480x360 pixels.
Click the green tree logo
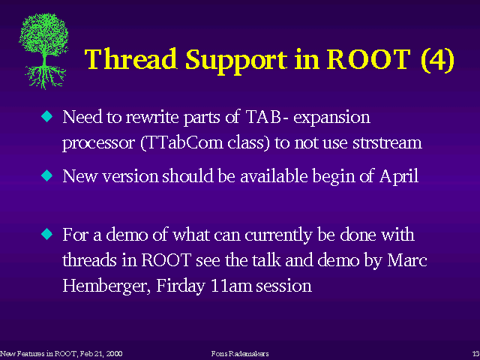click(x=43, y=51)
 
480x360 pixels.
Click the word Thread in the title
click(x=130, y=58)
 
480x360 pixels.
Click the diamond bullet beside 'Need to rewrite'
click(x=46, y=116)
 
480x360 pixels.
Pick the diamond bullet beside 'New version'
click(x=46, y=175)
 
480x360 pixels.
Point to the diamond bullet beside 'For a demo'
click(x=46, y=234)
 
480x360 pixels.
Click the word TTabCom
click(x=182, y=142)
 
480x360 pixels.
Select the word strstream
click(x=387, y=142)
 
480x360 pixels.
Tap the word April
click(x=399, y=177)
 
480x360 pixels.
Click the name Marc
click(x=407, y=260)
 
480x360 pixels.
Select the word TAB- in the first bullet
click(x=267, y=116)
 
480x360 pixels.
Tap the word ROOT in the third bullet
click(x=166, y=260)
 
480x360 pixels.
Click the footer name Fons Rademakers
click(x=240, y=354)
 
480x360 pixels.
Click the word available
click(x=274, y=175)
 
